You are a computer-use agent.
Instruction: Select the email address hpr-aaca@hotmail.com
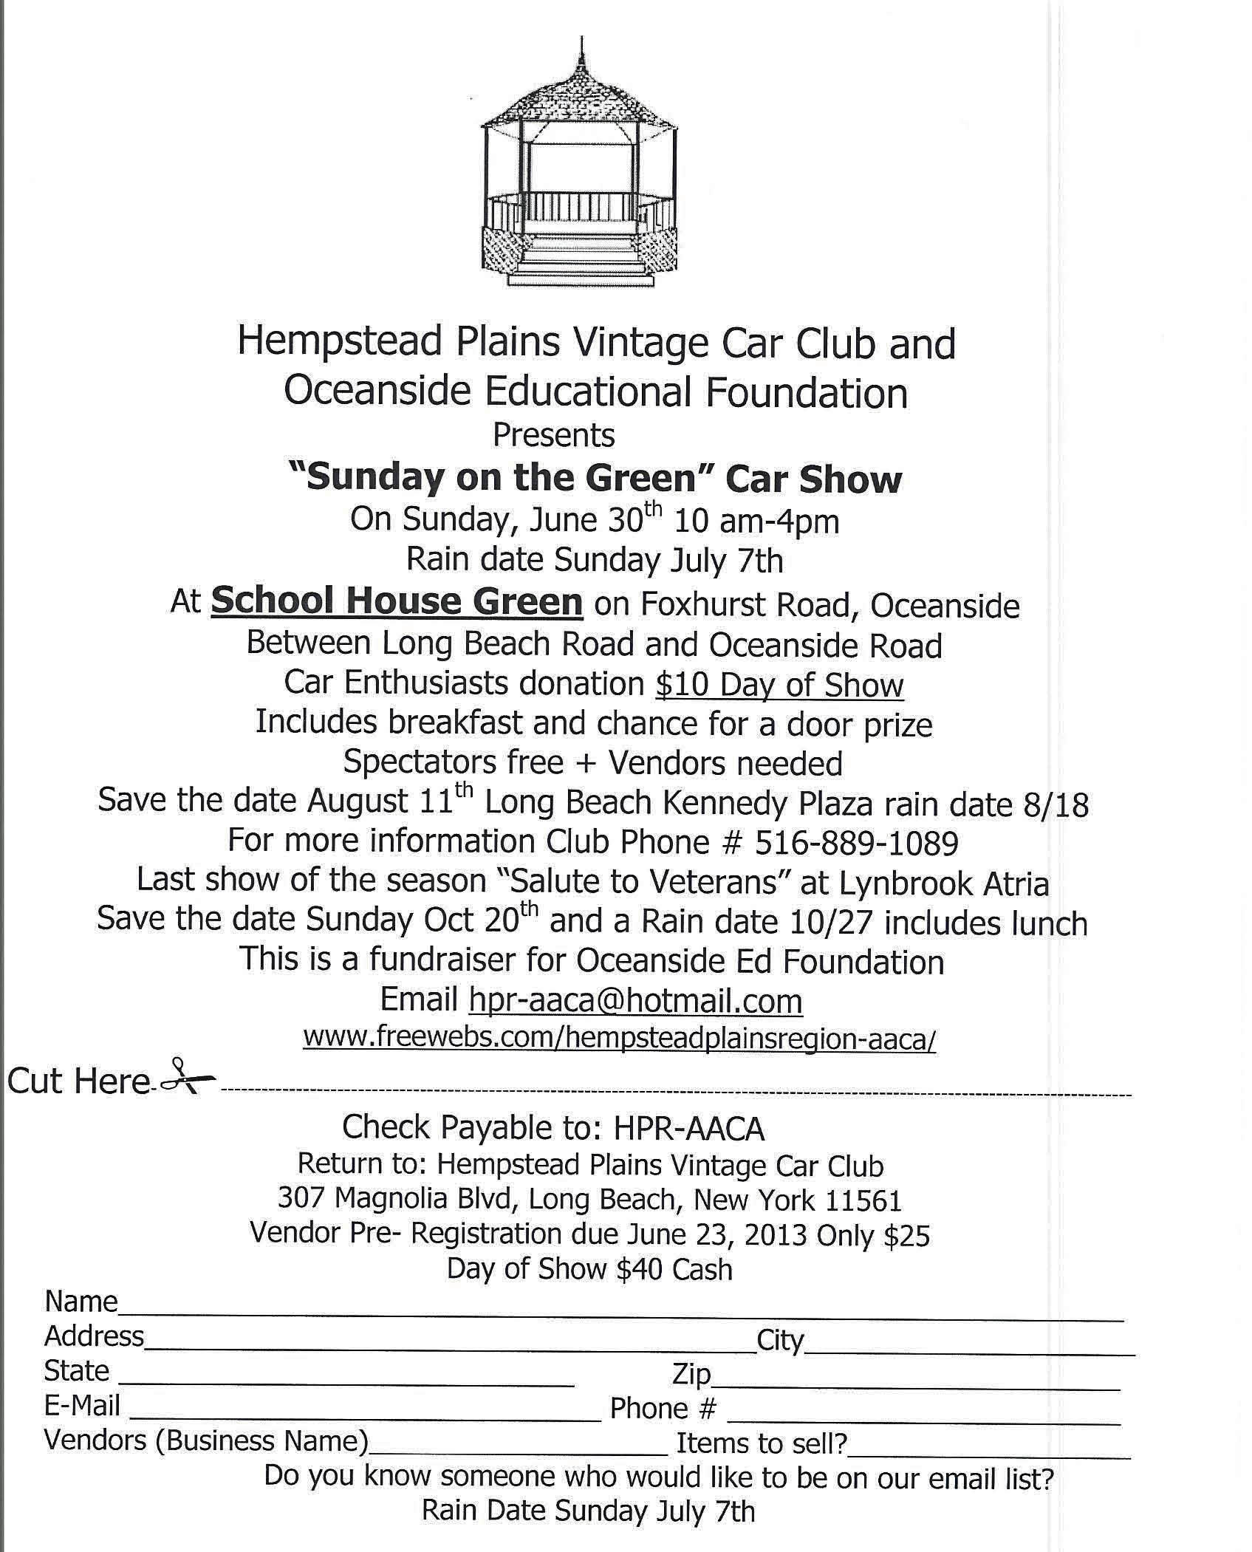pyautogui.click(x=635, y=1000)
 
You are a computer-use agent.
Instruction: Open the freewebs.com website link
pyautogui.click(x=619, y=1038)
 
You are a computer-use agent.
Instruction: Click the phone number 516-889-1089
pyautogui.click(x=857, y=842)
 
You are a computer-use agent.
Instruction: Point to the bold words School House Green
pyautogui.click(x=397, y=601)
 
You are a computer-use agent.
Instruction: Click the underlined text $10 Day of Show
pyautogui.click(x=779, y=685)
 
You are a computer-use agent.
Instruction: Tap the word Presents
pyautogui.click(x=553, y=435)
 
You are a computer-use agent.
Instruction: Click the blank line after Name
pyautogui.click(x=620, y=1316)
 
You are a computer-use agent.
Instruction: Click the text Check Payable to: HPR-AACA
pyautogui.click(x=553, y=1127)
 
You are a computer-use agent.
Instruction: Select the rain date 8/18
pyautogui.click(x=1063, y=804)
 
